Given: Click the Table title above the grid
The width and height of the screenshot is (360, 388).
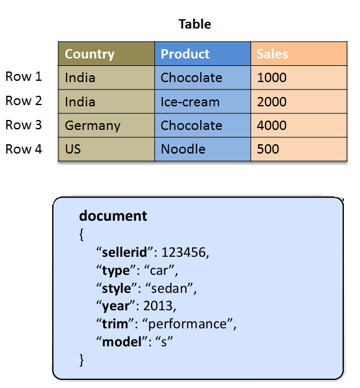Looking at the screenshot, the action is (195, 24).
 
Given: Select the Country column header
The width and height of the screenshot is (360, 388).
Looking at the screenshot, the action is (106, 53).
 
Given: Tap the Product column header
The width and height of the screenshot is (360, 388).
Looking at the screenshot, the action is (203, 53).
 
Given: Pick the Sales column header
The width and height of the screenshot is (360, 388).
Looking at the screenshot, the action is (299, 53).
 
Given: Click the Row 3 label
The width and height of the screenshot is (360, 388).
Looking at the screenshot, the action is (24, 125).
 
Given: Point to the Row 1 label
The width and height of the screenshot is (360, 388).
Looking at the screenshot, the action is (24, 76).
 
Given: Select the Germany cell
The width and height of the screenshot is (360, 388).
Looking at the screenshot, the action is (106, 126).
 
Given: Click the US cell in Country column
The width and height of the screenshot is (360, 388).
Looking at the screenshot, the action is (106, 149).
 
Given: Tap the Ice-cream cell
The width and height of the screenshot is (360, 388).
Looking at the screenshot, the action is (203, 102).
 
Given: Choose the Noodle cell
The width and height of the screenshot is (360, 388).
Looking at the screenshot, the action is (203, 149).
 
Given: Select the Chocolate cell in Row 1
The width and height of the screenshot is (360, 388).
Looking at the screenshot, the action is (203, 78).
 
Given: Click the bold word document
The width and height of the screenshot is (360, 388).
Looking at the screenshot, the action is (113, 216).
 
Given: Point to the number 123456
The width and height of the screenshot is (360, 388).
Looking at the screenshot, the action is (183, 252).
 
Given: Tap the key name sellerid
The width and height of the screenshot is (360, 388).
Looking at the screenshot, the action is (124, 252).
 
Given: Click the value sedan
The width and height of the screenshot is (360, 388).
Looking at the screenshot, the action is (169, 289).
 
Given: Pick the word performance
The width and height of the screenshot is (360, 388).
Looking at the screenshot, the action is (187, 324).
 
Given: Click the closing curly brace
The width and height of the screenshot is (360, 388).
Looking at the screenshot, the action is (81, 360).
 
